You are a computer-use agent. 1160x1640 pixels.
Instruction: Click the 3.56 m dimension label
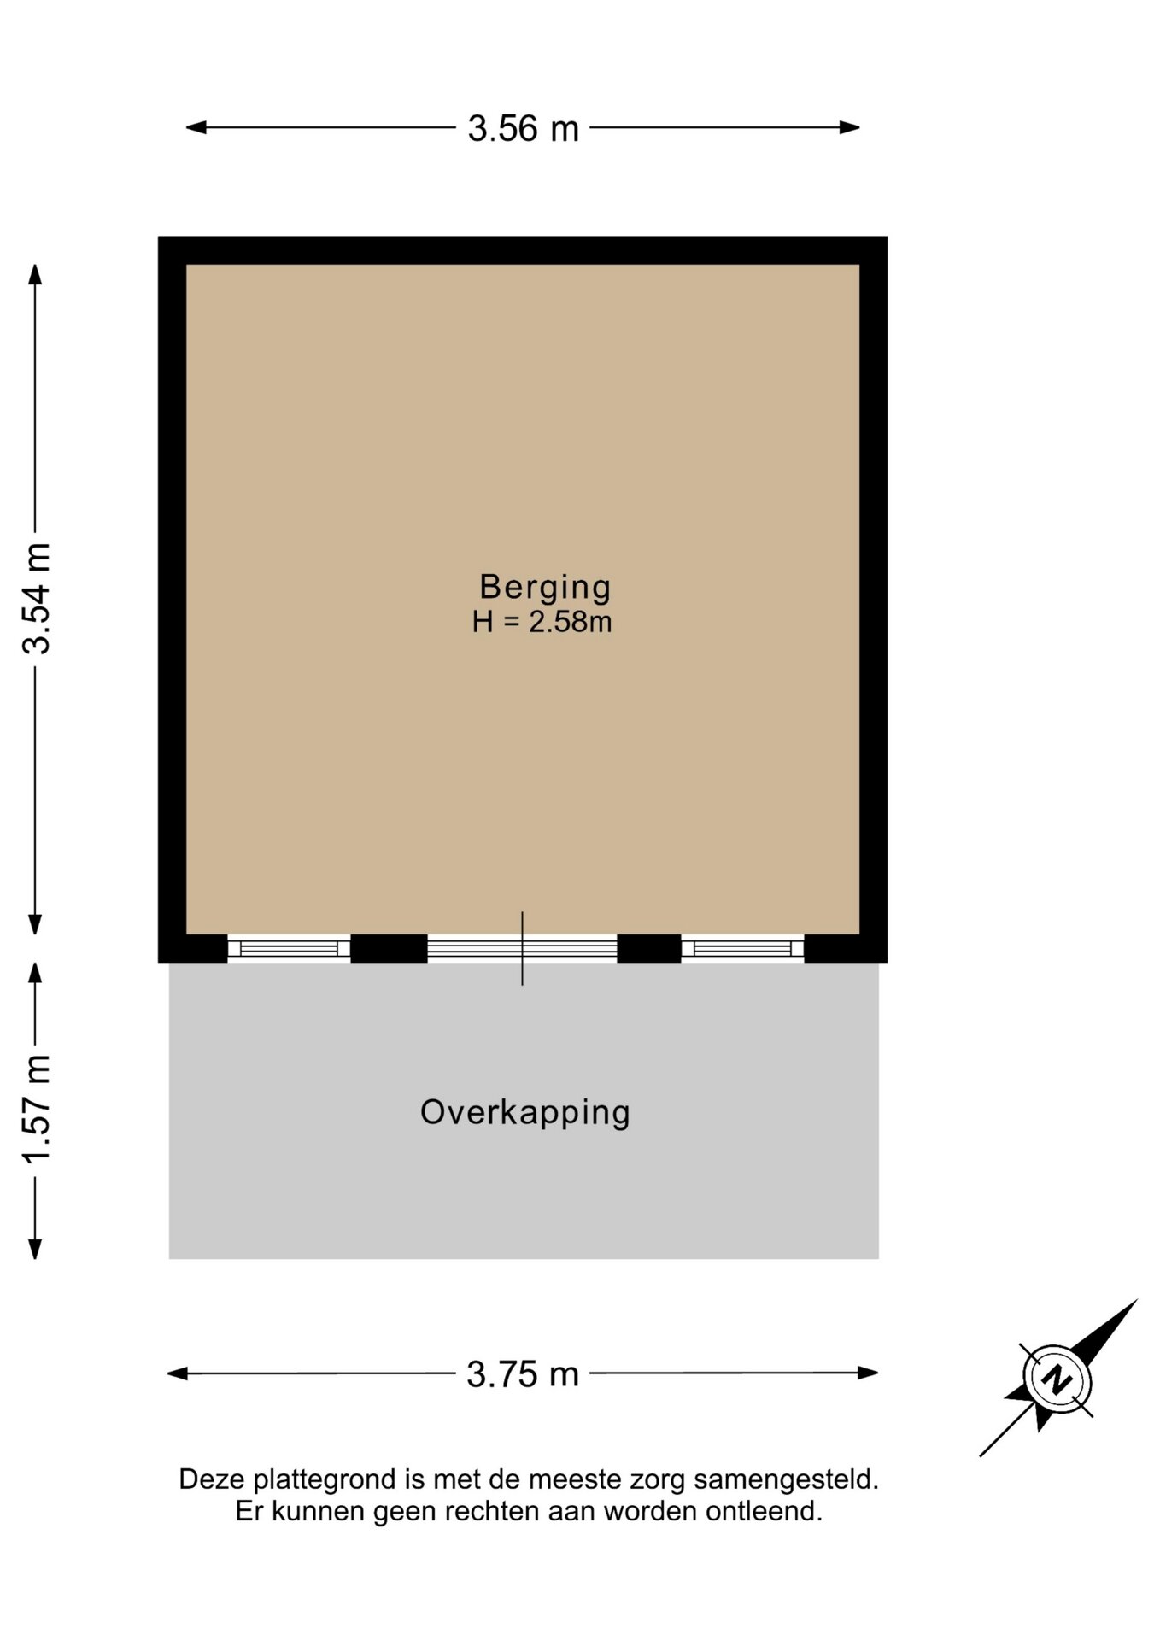(523, 129)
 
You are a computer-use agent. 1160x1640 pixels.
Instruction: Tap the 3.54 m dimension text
(38, 598)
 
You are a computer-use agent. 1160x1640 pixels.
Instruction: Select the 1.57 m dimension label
(38, 1108)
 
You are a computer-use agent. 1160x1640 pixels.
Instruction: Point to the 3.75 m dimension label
(523, 1374)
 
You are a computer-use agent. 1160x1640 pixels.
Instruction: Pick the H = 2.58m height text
(542, 622)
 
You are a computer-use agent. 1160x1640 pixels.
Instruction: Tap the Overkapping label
(525, 1113)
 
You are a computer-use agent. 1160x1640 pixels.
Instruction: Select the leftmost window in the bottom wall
(289, 948)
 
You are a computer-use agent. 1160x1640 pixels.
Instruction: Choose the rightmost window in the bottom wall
(742, 948)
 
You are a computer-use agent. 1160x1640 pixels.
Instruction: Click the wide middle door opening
(522, 948)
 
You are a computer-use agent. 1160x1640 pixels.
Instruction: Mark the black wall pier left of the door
(389, 948)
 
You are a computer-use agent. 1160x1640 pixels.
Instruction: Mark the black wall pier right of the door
(649, 948)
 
